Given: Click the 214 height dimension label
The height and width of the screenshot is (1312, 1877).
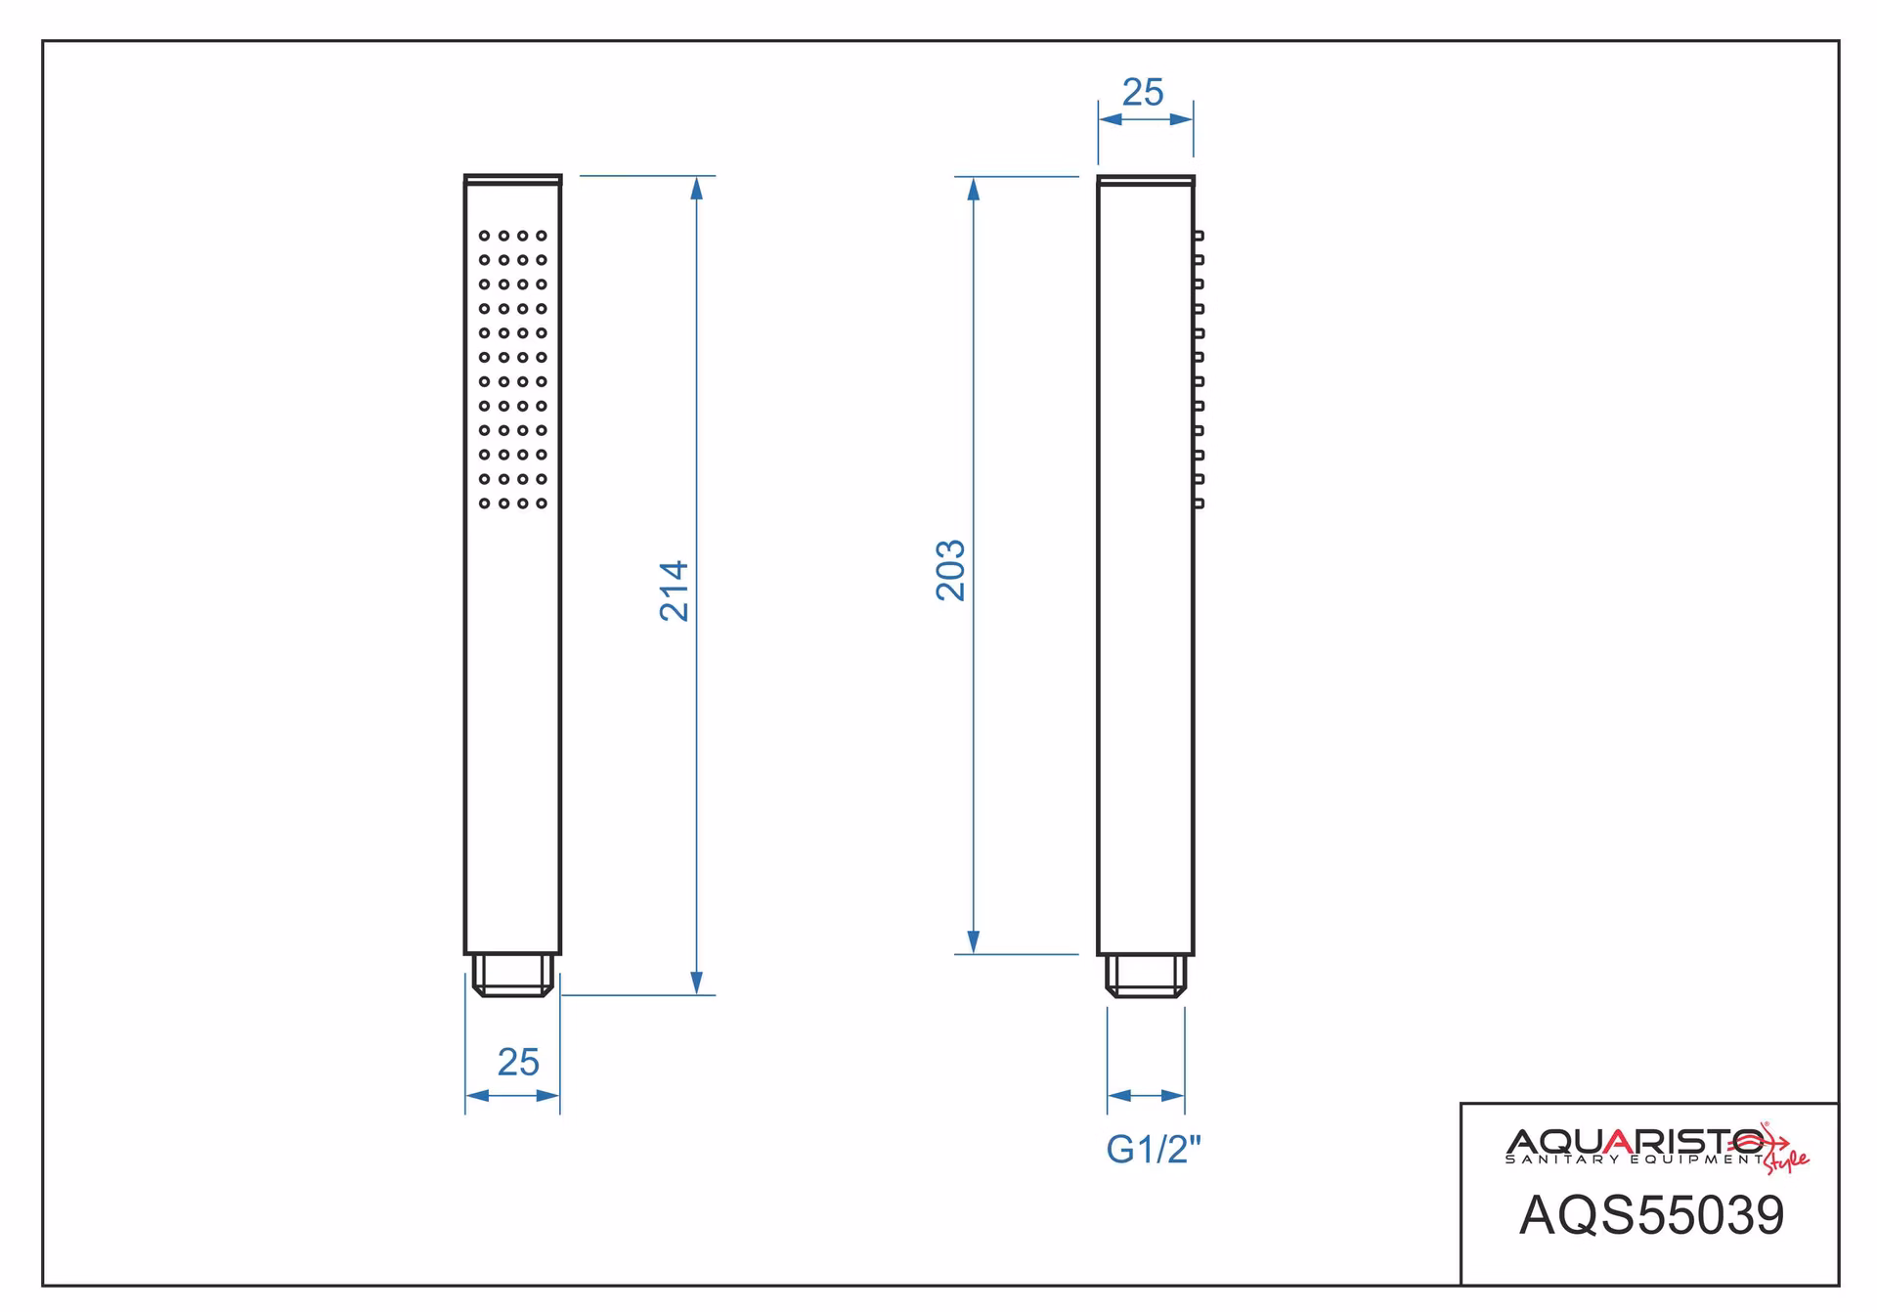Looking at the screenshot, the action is tap(675, 590).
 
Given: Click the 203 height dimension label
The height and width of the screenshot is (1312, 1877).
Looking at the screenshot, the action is tap(950, 570).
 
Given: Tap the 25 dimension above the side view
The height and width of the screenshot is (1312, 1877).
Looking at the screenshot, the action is tap(1143, 92).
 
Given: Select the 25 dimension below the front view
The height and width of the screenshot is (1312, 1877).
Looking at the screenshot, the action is tap(518, 1062).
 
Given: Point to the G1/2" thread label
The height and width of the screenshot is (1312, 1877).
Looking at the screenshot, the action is tap(1154, 1149).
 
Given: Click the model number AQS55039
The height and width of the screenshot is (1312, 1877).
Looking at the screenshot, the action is tap(1651, 1215).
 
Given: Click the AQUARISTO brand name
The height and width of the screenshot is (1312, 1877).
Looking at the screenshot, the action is tap(1635, 1141).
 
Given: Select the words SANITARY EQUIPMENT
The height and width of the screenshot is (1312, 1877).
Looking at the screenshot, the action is tap(1635, 1159).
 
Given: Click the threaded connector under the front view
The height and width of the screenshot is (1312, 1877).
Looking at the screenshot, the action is tap(513, 976).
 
